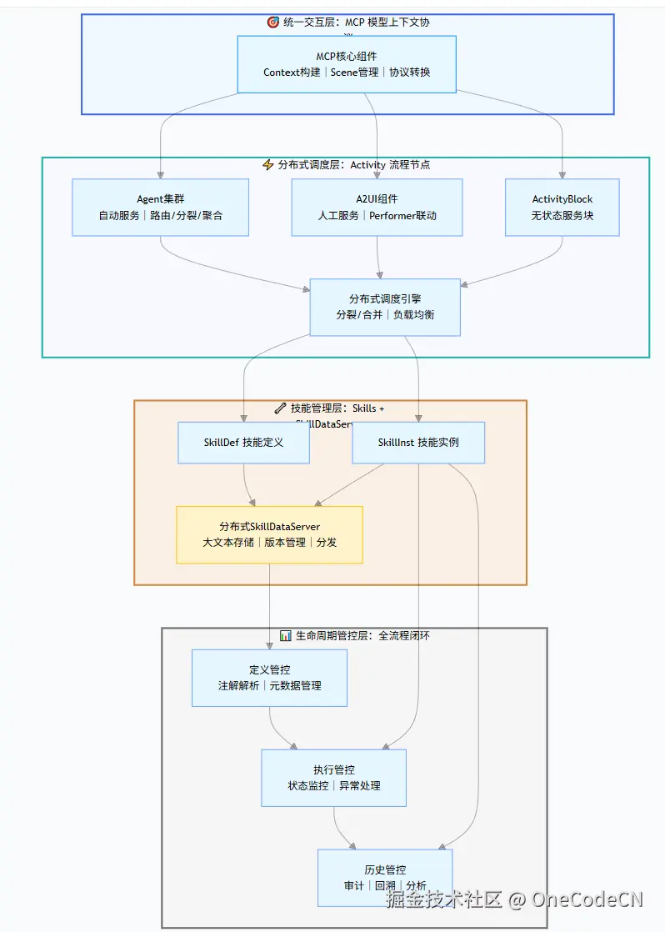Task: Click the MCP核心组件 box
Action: (347, 64)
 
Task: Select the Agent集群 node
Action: (160, 207)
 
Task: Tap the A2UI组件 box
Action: (377, 207)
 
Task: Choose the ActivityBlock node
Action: (562, 207)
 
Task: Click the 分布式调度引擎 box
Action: (385, 307)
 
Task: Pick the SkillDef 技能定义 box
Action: (243, 442)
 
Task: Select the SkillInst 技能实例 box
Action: (418, 442)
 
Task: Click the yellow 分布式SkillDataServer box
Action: (269, 534)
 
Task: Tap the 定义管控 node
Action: (269, 678)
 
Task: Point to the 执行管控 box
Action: (333, 778)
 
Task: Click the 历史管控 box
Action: (385, 877)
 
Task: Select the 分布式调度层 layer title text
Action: (354, 165)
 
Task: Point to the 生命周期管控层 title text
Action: (362, 635)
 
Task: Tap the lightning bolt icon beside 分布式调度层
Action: (267, 165)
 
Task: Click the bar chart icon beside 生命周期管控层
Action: (285, 635)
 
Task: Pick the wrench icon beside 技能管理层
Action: (280, 408)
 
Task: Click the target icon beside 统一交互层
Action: (272, 23)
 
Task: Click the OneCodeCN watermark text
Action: (587, 899)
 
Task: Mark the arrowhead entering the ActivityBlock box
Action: (562, 175)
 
